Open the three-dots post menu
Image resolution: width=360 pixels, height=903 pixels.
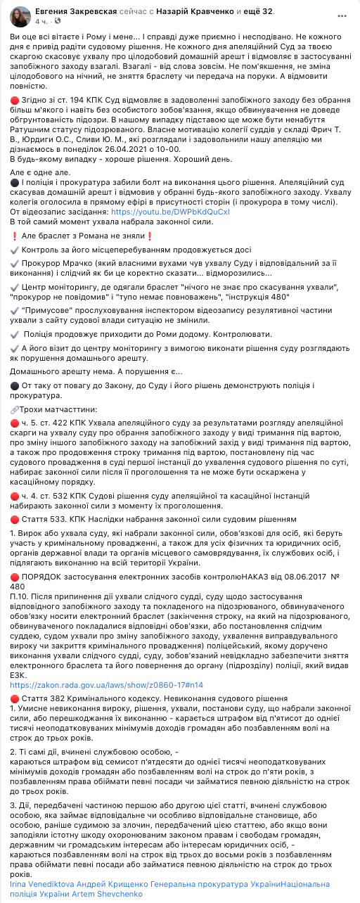coord(342,13)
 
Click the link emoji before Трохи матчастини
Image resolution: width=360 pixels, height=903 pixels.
coord(15,410)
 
